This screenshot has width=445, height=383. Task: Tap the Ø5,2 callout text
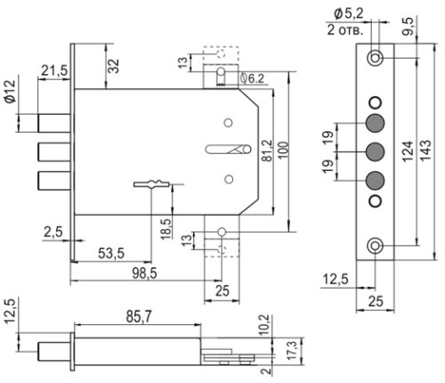(351, 12)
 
